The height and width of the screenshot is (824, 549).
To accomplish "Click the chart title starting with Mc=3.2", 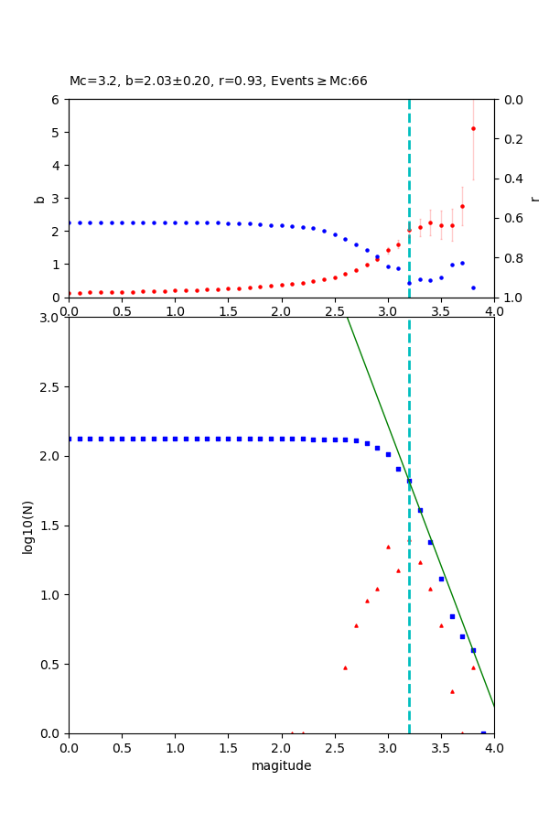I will point(218,81).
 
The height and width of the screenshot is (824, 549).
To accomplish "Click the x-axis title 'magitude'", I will point(281,765).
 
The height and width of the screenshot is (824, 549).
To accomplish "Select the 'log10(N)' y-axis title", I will point(28,526).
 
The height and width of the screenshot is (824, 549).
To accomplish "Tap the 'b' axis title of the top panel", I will point(39,198).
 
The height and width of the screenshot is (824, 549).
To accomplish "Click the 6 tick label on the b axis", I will point(56,100).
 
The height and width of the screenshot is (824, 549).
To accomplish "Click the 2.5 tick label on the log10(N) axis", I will point(49,387).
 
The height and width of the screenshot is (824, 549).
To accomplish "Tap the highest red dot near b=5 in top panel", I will point(473,128).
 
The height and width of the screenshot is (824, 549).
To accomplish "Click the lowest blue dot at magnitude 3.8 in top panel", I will point(473,287).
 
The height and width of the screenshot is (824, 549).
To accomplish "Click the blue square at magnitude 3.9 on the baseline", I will point(483,732).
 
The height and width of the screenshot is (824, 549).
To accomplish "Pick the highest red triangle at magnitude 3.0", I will point(388,547).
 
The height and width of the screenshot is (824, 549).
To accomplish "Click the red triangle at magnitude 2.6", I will point(345,667).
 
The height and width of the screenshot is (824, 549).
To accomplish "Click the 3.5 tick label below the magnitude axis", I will point(441,748).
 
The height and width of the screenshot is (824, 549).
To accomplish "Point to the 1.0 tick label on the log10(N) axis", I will point(49,595).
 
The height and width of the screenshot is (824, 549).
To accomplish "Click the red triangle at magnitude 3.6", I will point(452,691).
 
